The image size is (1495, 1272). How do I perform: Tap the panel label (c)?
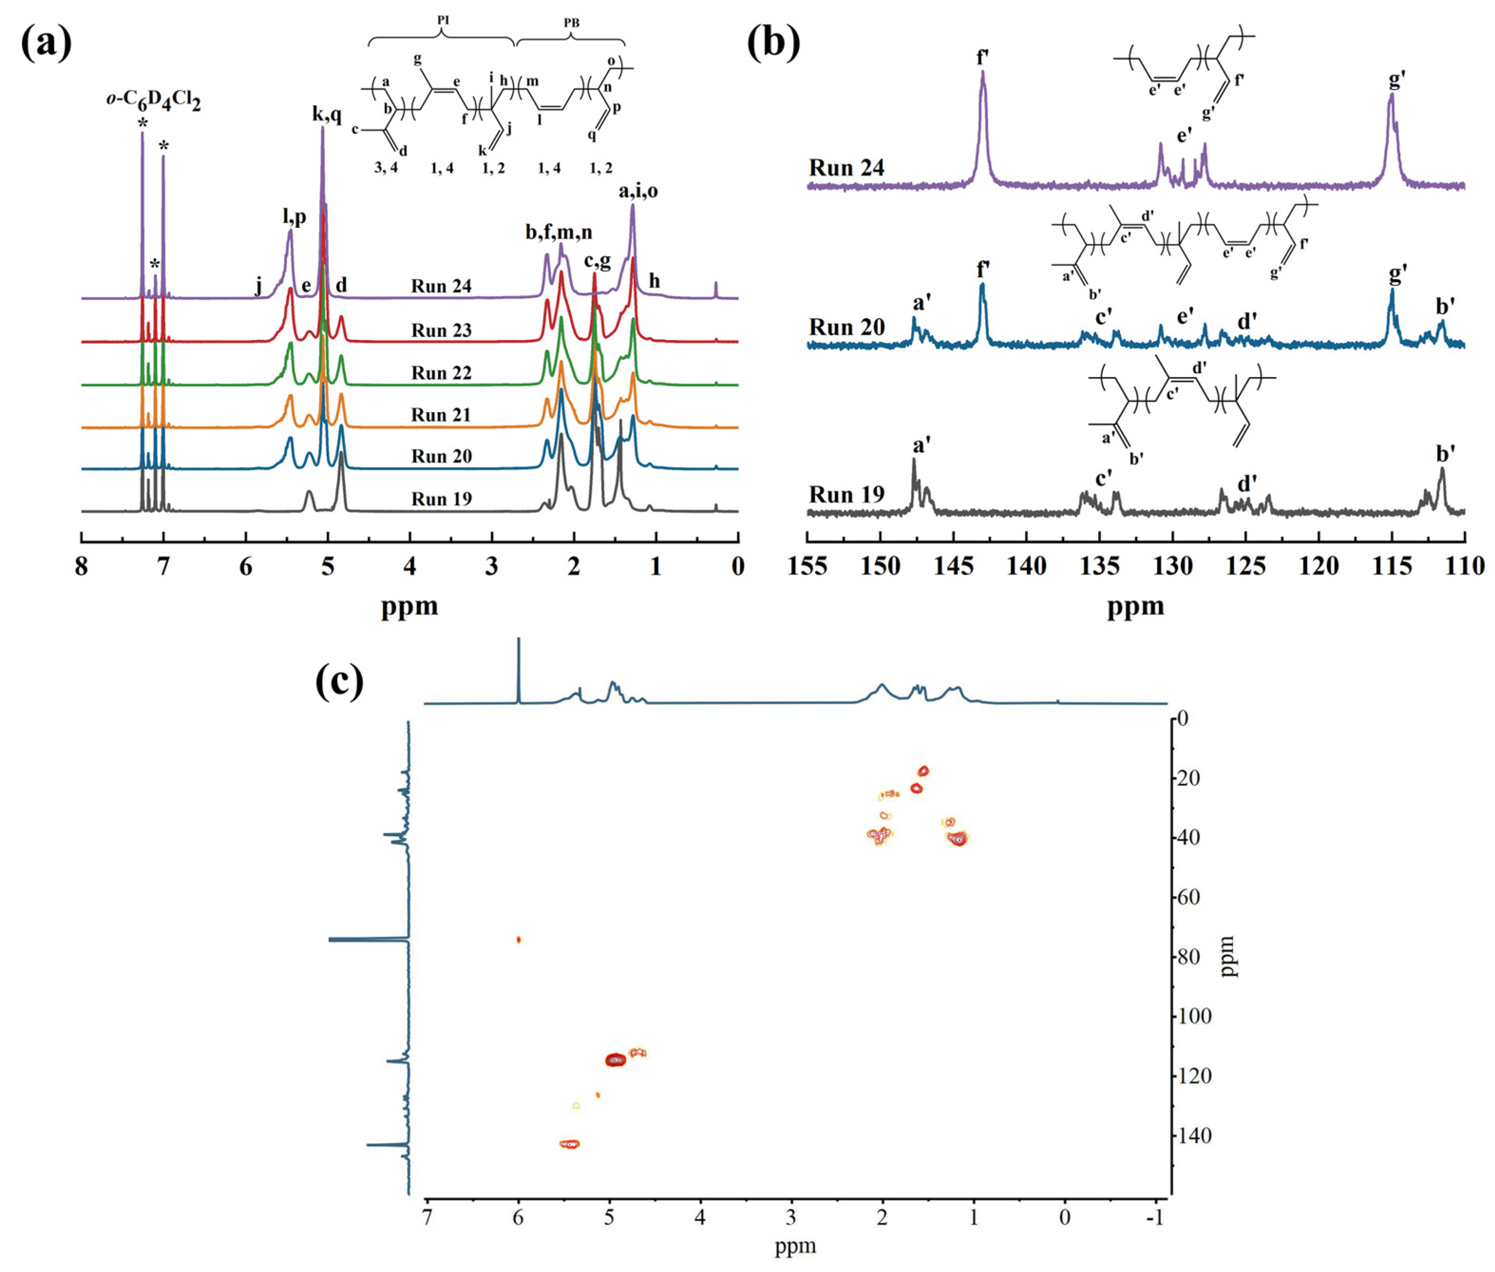[340, 681]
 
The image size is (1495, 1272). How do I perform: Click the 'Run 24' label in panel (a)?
[441, 286]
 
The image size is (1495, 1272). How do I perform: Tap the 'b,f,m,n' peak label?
[559, 232]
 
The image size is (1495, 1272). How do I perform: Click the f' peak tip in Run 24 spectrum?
[982, 73]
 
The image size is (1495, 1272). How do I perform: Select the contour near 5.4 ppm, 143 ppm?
[570, 1144]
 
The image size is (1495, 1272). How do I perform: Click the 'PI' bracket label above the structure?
[443, 20]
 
